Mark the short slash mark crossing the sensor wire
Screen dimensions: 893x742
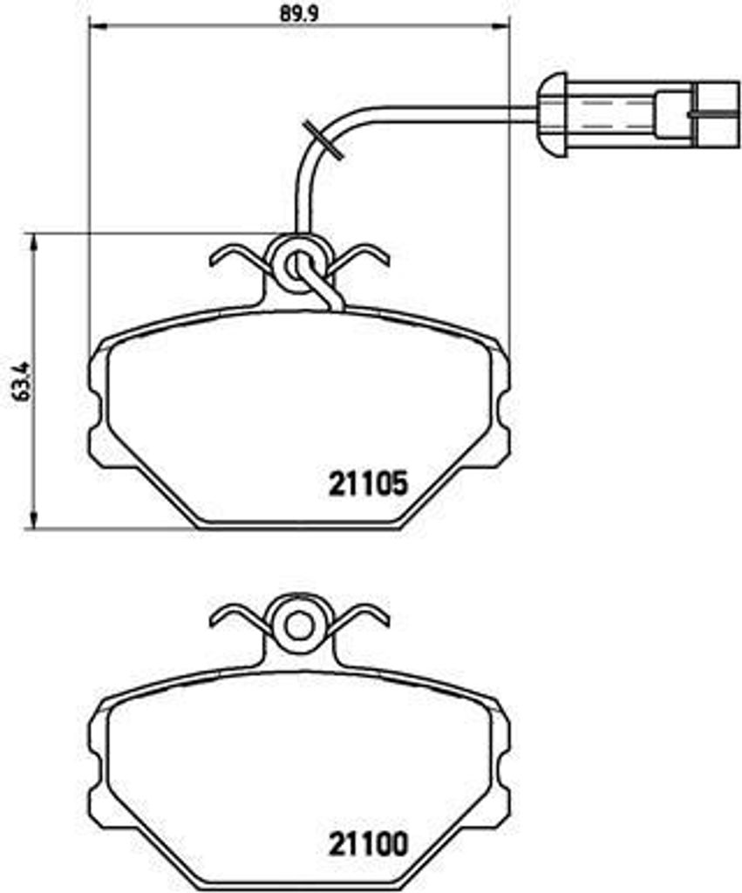click(321, 139)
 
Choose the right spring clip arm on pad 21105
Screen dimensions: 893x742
click(362, 256)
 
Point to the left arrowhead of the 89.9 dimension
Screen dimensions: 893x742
click(96, 26)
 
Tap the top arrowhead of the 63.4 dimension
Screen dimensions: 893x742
click(34, 242)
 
